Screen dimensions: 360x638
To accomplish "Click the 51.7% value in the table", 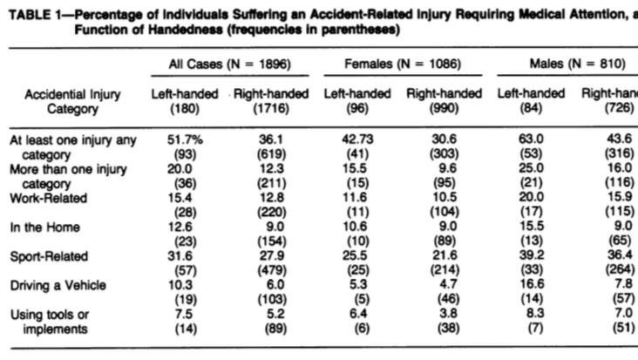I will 184,139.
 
